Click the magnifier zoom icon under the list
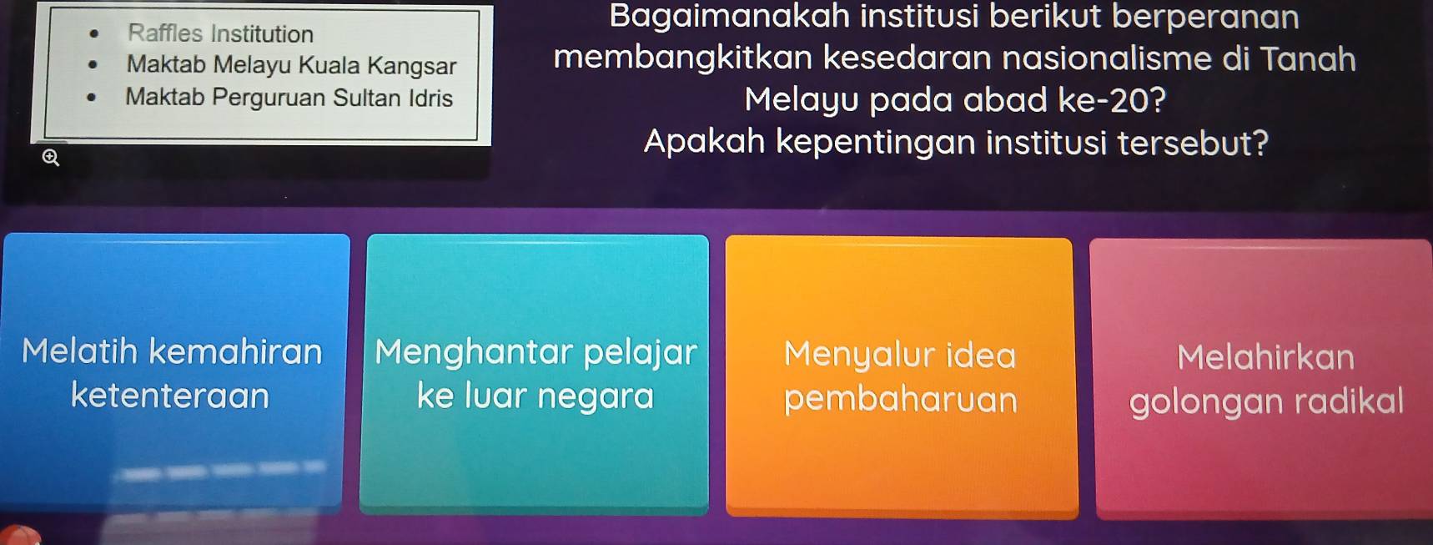51,158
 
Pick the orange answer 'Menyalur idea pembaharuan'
901,377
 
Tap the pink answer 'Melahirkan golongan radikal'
1263,379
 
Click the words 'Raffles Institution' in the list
221,34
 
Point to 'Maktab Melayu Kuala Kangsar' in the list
292,65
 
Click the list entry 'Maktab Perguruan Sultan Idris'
289,98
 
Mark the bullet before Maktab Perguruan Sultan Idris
93,97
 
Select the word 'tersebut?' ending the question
1194,143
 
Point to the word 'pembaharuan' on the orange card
901,400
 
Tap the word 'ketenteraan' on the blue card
170,396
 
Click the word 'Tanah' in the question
1308,59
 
